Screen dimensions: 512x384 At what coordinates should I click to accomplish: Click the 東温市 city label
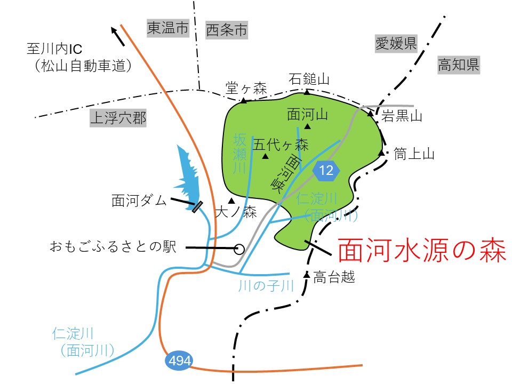[168, 29]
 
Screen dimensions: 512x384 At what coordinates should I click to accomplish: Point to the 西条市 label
[227, 30]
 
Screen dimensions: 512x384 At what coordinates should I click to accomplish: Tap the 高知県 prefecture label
[458, 65]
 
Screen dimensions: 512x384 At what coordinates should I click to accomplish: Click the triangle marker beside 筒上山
[381, 153]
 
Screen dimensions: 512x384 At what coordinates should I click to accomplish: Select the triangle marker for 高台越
[307, 274]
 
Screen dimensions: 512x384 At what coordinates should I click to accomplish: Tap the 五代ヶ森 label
[281, 144]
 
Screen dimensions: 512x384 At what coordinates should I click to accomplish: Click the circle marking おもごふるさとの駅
[239, 249]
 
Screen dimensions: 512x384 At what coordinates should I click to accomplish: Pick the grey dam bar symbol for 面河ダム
[197, 206]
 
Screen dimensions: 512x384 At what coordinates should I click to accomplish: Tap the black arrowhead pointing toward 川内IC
[115, 31]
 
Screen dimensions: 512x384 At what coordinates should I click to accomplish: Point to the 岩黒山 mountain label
[402, 116]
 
